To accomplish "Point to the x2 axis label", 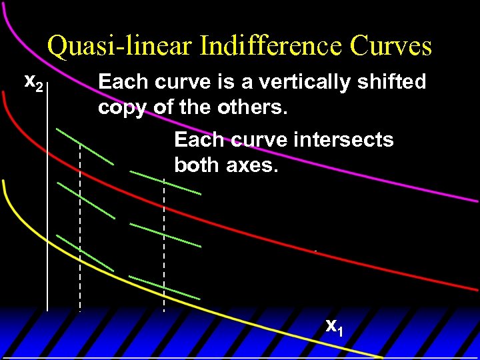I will (x=33, y=83).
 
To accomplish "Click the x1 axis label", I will (x=334, y=326).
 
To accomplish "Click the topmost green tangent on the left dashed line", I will (x=85, y=145).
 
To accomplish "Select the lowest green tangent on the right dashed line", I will (x=164, y=287).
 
